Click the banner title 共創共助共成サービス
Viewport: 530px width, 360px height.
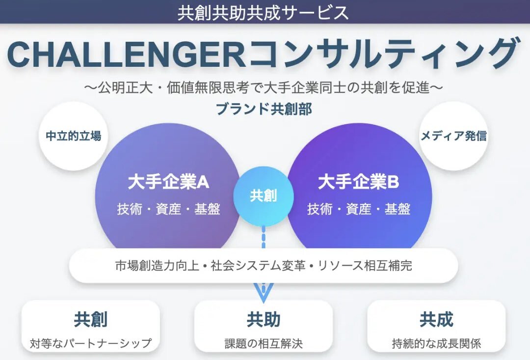263,12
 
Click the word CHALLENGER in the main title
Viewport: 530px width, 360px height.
126,54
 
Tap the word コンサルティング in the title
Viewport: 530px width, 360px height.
383,54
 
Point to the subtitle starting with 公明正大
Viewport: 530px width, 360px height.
264,87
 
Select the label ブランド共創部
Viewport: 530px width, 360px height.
264,109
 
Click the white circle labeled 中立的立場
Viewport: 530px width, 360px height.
73,136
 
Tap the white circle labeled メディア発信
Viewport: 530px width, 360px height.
453,136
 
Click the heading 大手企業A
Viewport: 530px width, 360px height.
168,182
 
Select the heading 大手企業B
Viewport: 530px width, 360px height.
359,182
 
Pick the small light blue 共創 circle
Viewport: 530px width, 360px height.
264,196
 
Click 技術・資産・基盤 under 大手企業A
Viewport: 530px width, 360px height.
168,209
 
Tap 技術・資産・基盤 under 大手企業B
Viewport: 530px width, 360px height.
359,209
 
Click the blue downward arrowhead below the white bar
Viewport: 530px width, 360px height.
264,292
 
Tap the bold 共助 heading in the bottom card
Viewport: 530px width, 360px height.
264,320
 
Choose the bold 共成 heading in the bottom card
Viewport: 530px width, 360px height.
436,320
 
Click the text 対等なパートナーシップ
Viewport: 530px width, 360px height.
91,343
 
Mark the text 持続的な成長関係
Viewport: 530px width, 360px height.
436,343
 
